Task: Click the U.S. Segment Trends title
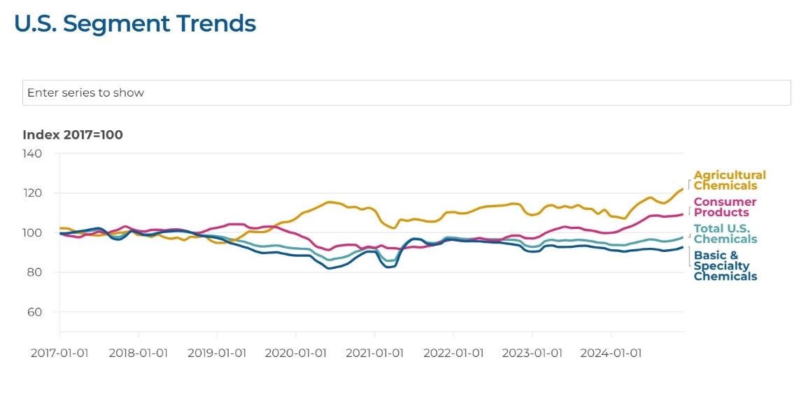(x=135, y=24)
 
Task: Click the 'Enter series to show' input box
(x=406, y=92)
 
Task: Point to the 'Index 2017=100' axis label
(x=73, y=134)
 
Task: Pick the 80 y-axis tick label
(x=34, y=272)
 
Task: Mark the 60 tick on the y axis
(x=34, y=312)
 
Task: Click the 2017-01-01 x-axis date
(x=59, y=353)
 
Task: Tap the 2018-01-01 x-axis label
(x=138, y=353)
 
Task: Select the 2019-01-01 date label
(x=217, y=353)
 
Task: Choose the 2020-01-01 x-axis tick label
(x=295, y=353)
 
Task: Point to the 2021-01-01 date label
(x=374, y=353)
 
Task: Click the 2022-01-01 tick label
(x=453, y=353)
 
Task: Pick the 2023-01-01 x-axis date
(x=532, y=353)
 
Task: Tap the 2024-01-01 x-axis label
(x=611, y=353)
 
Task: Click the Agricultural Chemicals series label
(x=729, y=180)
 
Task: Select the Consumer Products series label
(x=725, y=207)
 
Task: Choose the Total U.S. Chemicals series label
(x=725, y=234)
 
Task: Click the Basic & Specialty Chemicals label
(x=725, y=265)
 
